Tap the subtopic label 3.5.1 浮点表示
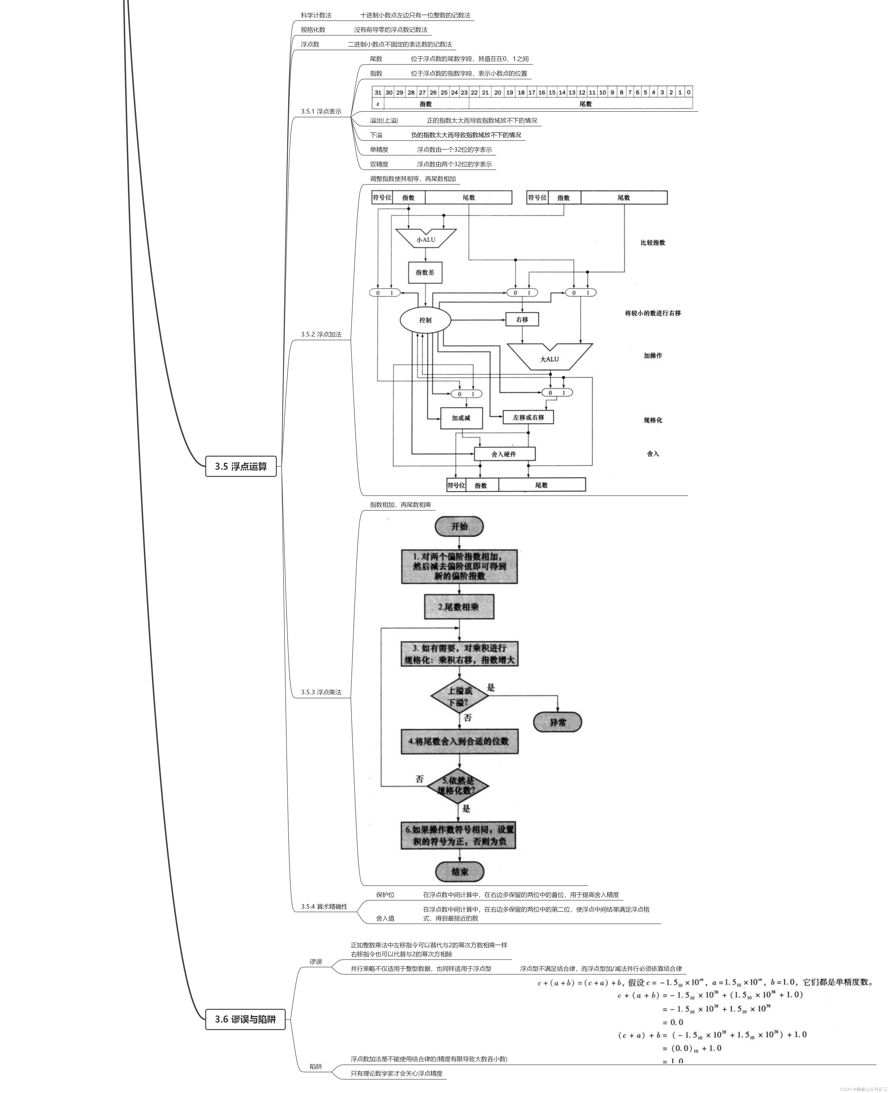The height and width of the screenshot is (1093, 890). (321, 111)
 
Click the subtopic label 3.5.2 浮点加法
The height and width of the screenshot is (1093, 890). (321, 334)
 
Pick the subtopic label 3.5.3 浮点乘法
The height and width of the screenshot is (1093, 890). (321, 692)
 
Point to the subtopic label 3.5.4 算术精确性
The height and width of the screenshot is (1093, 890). (324, 906)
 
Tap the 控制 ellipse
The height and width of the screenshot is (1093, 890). (425, 320)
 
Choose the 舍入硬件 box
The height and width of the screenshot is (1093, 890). (504, 454)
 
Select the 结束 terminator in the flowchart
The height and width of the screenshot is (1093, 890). (459, 872)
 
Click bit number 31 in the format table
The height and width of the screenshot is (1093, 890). (378, 92)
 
